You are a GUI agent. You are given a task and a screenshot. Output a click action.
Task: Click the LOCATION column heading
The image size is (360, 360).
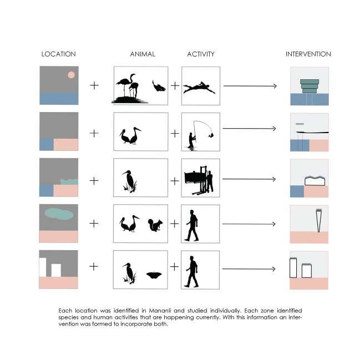pyautogui.click(x=59, y=54)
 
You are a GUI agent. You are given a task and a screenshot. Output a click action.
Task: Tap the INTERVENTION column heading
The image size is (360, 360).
pyautogui.click(x=308, y=54)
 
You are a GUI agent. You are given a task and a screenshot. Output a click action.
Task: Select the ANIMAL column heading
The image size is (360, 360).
pyautogui.click(x=143, y=54)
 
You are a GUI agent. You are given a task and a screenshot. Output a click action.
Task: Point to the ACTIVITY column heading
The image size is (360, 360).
pyautogui.click(x=201, y=54)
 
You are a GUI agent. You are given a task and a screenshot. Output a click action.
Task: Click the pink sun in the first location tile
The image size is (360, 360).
pyautogui.click(x=71, y=75)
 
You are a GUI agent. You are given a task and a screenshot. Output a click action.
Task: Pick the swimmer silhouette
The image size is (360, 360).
pyautogui.click(x=199, y=88)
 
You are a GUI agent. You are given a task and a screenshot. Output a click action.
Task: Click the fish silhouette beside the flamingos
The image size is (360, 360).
pyautogui.click(x=159, y=86)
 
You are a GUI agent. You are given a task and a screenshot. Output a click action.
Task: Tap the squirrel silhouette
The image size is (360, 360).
pyautogui.click(x=155, y=225)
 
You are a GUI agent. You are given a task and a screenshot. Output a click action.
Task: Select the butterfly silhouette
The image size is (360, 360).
pyautogui.click(x=154, y=275)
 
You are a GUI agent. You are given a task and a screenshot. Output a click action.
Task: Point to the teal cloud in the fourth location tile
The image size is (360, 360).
pyautogui.click(x=59, y=214)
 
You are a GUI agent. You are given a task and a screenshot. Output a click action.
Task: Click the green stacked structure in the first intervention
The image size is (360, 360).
pyautogui.click(x=310, y=87)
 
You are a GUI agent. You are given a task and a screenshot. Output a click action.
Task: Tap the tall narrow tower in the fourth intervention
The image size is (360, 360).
pyautogui.click(x=318, y=220)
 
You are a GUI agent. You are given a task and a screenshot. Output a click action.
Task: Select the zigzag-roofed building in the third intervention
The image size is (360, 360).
pyautogui.click(x=315, y=181)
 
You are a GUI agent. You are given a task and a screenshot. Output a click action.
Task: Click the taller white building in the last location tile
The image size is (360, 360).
pyautogui.click(x=43, y=267)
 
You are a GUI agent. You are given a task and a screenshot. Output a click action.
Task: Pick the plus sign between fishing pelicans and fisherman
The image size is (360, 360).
pyautogui.click(x=175, y=133)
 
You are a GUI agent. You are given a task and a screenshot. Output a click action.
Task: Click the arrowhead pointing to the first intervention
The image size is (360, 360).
pyautogui.click(x=275, y=86)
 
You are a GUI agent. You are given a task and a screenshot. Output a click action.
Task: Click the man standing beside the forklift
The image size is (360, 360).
pyautogui.click(x=210, y=181)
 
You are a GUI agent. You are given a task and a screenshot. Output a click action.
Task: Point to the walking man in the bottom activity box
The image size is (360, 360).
pyautogui.click(x=192, y=271)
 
